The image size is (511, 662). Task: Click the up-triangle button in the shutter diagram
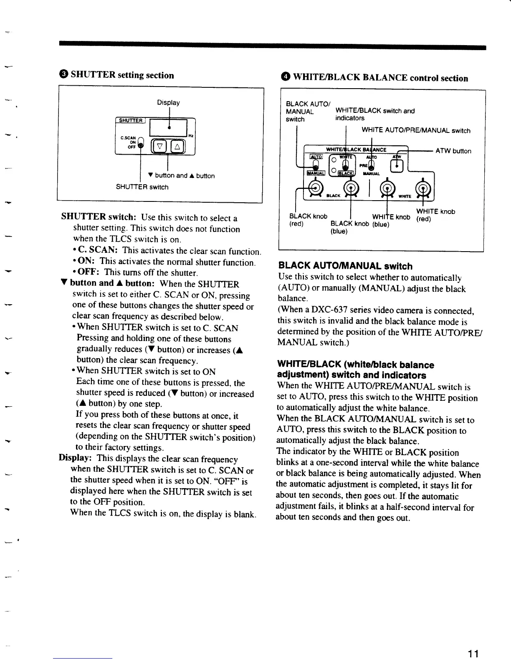[177, 146]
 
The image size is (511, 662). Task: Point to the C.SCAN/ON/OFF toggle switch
[140, 144]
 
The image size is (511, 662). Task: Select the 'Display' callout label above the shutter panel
[168, 102]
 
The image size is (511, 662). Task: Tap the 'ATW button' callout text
[453, 151]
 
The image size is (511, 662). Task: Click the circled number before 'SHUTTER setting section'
[64, 75]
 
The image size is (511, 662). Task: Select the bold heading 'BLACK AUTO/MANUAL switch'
[345, 266]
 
